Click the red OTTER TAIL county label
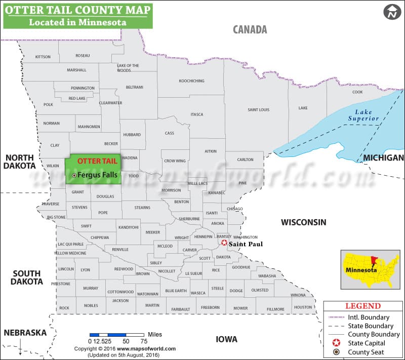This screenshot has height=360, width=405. [x=97, y=161]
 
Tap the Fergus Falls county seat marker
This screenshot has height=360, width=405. [x=74, y=175]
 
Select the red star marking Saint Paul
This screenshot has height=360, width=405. [x=224, y=243]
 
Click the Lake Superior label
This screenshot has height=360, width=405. [x=363, y=115]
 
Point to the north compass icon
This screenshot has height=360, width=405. [x=391, y=12]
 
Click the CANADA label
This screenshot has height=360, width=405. [x=250, y=29]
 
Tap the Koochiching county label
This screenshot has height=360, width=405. [x=191, y=81]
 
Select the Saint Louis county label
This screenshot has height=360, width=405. [x=258, y=110]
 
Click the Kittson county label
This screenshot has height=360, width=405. [x=43, y=57]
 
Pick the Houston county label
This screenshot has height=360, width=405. [x=303, y=307]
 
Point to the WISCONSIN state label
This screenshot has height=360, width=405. [x=304, y=222]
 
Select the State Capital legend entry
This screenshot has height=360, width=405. [x=367, y=343]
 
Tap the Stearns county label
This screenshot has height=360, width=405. [x=142, y=208]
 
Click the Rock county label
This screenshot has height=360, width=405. [x=64, y=308]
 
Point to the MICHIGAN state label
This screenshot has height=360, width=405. [x=383, y=158]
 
